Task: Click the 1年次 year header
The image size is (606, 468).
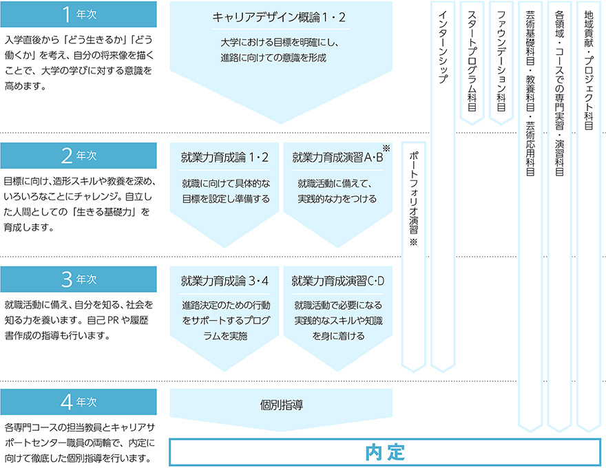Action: (x=79, y=14)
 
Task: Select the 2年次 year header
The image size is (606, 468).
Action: (x=79, y=156)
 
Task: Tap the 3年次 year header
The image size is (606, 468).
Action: (x=79, y=279)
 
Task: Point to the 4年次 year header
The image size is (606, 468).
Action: (x=79, y=402)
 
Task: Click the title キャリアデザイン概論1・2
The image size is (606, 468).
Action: (x=279, y=17)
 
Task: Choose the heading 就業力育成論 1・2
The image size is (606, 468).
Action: (x=224, y=158)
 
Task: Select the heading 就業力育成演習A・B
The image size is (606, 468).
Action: (x=337, y=158)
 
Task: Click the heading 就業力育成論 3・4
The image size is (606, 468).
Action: (x=224, y=281)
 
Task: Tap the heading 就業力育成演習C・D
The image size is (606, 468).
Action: (x=338, y=281)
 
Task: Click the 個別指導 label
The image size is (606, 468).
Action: (x=282, y=405)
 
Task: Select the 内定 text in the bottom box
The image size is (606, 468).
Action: (x=385, y=453)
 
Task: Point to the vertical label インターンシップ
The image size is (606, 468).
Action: (x=443, y=47)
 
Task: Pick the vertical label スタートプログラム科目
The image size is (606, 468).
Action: (x=472, y=61)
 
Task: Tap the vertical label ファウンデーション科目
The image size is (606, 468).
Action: (x=501, y=61)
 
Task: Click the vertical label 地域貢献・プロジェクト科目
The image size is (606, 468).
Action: (x=589, y=70)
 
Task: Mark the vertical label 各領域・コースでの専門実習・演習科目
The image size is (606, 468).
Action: (x=559, y=94)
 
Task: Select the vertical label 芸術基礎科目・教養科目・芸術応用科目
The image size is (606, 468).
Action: (x=530, y=94)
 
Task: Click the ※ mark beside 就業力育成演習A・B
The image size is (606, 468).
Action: (x=386, y=148)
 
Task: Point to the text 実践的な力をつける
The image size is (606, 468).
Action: (x=337, y=199)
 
